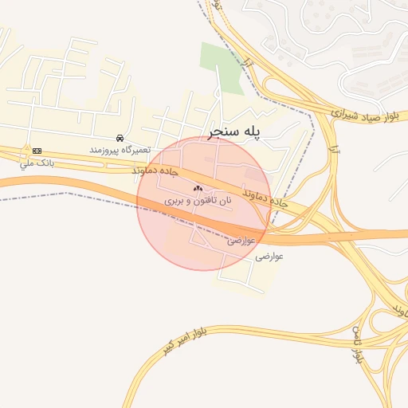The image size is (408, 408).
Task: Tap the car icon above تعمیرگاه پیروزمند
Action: tap(120, 138)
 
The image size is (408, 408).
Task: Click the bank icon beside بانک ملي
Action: tap(37, 151)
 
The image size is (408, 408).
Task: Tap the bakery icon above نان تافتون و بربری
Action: tap(198, 188)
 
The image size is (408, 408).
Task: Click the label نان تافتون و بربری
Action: tap(198, 202)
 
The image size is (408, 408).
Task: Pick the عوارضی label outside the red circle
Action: tap(269, 257)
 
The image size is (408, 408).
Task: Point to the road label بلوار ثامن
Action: tap(358, 347)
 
